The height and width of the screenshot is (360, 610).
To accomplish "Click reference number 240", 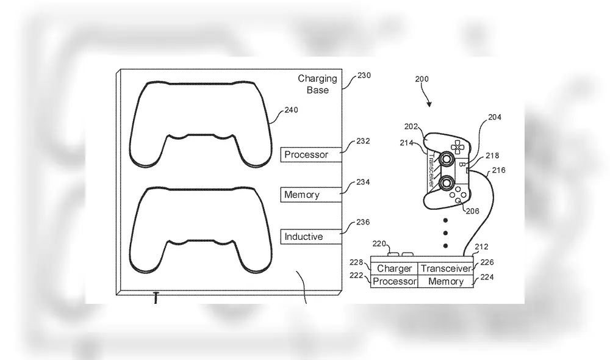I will (292, 110).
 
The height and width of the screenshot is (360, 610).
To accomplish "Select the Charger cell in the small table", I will (394, 268).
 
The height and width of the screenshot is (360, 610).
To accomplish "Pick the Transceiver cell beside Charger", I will (446, 268).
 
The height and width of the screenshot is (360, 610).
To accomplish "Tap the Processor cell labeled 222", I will (394, 281).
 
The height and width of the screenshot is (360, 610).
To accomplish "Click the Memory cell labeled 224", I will (446, 281).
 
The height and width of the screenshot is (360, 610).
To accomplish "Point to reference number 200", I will (422, 79).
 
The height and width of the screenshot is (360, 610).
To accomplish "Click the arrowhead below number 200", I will (430, 104).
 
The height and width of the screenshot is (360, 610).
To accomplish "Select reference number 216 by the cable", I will (498, 171).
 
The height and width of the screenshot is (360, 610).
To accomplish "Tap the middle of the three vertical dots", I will (446, 232).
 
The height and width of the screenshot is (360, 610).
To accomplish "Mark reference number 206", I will (472, 211).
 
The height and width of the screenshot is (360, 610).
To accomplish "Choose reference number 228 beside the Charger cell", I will (357, 262).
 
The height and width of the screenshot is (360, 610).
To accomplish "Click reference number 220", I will (379, 243).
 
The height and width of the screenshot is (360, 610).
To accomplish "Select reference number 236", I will (362, 222).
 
